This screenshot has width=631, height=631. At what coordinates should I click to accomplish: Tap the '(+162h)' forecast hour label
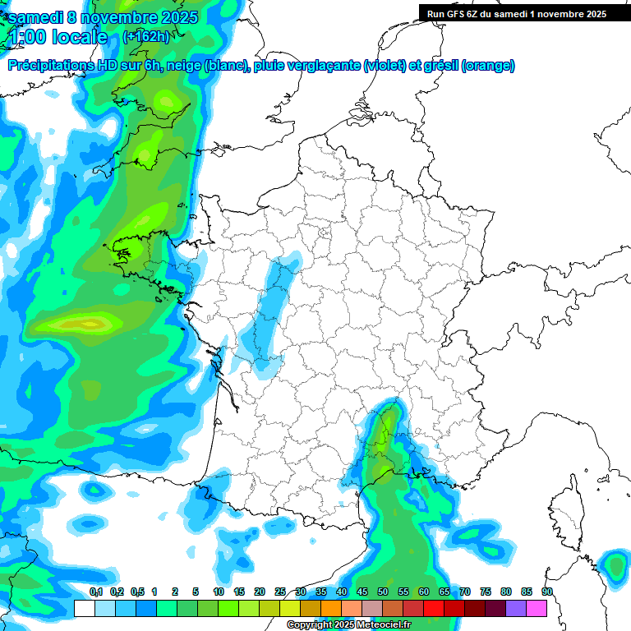[145, 37]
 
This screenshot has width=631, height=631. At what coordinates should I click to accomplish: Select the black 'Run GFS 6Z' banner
[516, 13]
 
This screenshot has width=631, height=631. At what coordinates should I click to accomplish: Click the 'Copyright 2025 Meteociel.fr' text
[348, 625]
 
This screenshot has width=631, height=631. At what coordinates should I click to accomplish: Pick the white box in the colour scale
[84, 609]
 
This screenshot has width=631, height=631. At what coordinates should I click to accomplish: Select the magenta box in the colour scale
[537, 609]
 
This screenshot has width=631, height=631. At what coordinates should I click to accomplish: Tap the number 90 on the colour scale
[546, 592]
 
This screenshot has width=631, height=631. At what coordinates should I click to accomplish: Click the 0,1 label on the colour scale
[96, 592]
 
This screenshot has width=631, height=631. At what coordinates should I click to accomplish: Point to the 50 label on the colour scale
[383, 592]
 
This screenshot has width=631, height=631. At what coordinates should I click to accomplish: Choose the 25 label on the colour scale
[280, 592]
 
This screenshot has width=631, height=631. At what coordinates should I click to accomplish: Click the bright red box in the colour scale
[434, 609]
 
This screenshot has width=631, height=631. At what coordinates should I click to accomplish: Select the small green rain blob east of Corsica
[614, 564]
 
